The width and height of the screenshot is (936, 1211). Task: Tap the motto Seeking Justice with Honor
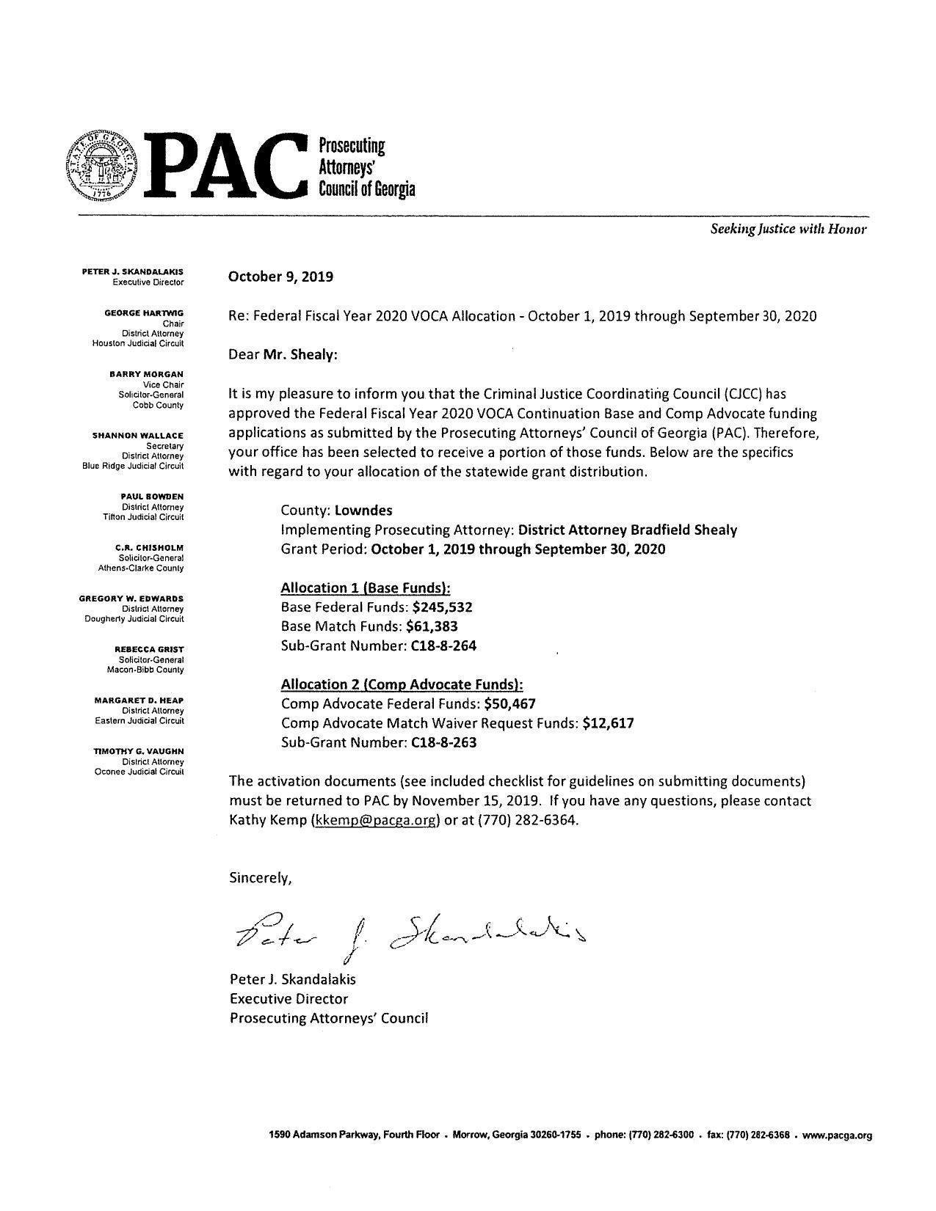click(x=788, y=229)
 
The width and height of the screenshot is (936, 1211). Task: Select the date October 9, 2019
click(x=280, y=277)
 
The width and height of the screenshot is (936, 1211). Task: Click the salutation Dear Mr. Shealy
click(x=283, y=355)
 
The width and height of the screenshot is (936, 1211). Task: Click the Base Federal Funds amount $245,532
click(x=442, y=607)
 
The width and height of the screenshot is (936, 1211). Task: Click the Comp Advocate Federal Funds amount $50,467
click(x=509, y=704)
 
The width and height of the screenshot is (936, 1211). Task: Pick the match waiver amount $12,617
click(x=608, y=723)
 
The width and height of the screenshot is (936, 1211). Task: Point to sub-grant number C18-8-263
click(x=444, y=742)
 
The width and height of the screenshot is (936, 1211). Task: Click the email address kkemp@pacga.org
click(x=376, y=820)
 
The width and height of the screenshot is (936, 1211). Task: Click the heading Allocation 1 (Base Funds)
click(x=366, y=588)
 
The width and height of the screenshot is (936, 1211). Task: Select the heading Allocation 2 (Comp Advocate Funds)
click(x=402, y=684)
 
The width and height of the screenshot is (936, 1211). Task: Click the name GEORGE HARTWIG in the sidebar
click(x=144, y=313)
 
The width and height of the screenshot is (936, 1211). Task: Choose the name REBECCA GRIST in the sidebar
click(x=149, y=649)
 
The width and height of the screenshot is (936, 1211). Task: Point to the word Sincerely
click(x=261, y=878)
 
